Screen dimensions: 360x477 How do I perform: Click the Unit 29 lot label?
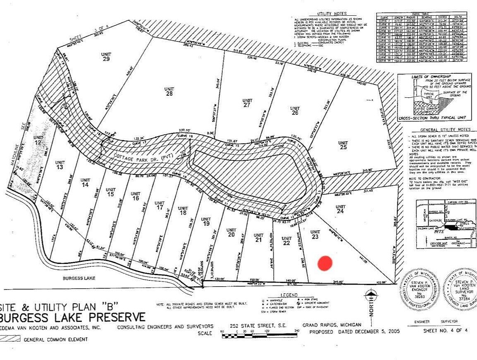pyautogui.click(x=106, y=57)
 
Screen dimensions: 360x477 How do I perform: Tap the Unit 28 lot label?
pyautogui.click(x=169, y=91)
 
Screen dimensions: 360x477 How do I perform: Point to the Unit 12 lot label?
pyautogui.click(x=39, y=140)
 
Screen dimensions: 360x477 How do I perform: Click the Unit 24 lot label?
pyautogui.click(x=340, y=209)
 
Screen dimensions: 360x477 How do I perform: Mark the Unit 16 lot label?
pyautogui.click(x=135, y=196)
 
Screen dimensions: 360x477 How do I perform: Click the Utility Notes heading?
pyautogui.click(x=332, y=14)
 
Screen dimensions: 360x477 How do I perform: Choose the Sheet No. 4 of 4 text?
pyautogui.click(x=446, y=331)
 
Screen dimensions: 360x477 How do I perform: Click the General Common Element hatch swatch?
pyautogui.click(x=10, y=338)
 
